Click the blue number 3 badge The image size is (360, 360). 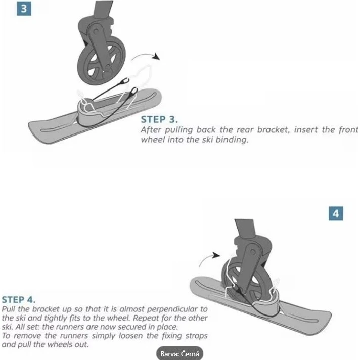click(24, 9)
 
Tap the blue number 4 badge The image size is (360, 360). click(336, 213)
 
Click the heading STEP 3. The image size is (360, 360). click(159, 119)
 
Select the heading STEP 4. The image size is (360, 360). click(19, 300)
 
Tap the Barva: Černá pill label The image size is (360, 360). click(180, 353)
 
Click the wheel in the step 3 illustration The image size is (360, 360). click(101, 63)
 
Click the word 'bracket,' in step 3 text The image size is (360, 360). click(274, 130)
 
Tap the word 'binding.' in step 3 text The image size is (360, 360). click(232, 140)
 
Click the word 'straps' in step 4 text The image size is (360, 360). click(195, 336)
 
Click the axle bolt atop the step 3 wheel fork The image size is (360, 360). click(96, 31)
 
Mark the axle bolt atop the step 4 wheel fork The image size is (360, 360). click(253, 252)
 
